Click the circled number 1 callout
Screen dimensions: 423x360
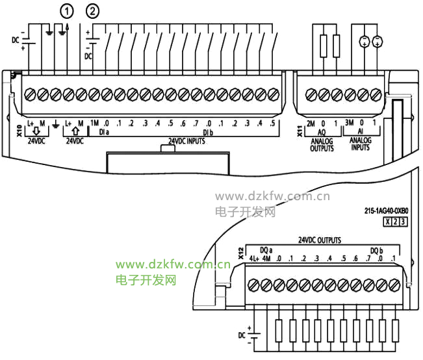(66, 11)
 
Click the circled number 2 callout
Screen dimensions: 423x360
(92, 11)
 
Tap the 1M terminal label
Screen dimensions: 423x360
(94, 123)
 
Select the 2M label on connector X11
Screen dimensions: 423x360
(311, 123)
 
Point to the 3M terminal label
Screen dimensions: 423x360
(350, 123)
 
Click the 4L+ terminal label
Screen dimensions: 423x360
(254, 259)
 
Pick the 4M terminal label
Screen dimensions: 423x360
(266, 259)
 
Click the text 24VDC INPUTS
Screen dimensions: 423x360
(186, 141)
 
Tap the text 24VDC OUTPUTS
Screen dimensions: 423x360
(320, 240)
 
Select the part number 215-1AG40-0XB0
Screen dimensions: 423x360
(387, 211)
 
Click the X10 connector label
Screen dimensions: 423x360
(19, 131)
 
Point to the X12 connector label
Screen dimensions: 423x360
(241, 253)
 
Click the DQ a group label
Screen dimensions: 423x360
(266, 250)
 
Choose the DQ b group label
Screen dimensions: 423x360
(377, 251)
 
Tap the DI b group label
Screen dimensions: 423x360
(208, 133)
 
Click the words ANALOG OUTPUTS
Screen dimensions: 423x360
(322, 145)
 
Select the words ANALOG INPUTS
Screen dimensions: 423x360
(360, 144)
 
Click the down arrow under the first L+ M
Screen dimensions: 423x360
(36, 131)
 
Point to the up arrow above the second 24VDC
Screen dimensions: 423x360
(76, 131)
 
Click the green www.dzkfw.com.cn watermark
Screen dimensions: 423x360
(173, 264)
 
